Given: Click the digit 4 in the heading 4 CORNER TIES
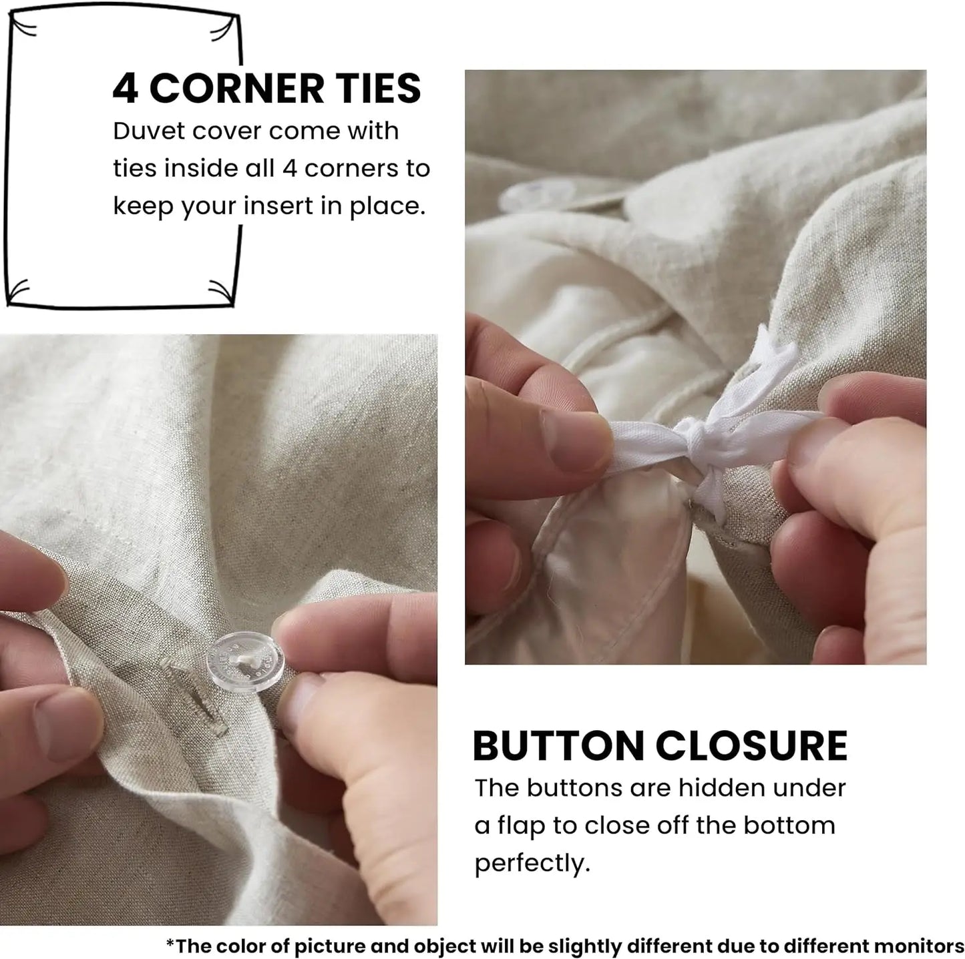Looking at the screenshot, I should (125, 89).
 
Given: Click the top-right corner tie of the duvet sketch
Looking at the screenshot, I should (224, 27).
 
